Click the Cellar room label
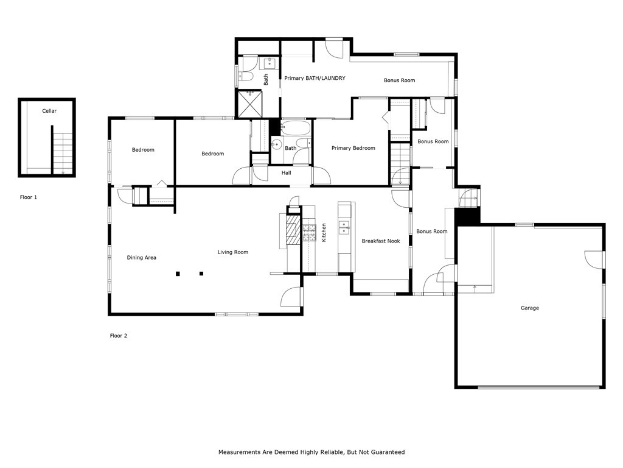49,111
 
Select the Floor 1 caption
29,197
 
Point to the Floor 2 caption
118,336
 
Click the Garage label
529,308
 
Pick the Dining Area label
141,258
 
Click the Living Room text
233,252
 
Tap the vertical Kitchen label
324,232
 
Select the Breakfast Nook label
381,241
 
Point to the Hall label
286,173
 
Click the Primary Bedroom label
353,148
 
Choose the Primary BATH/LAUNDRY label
315,78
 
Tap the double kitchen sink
344,227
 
